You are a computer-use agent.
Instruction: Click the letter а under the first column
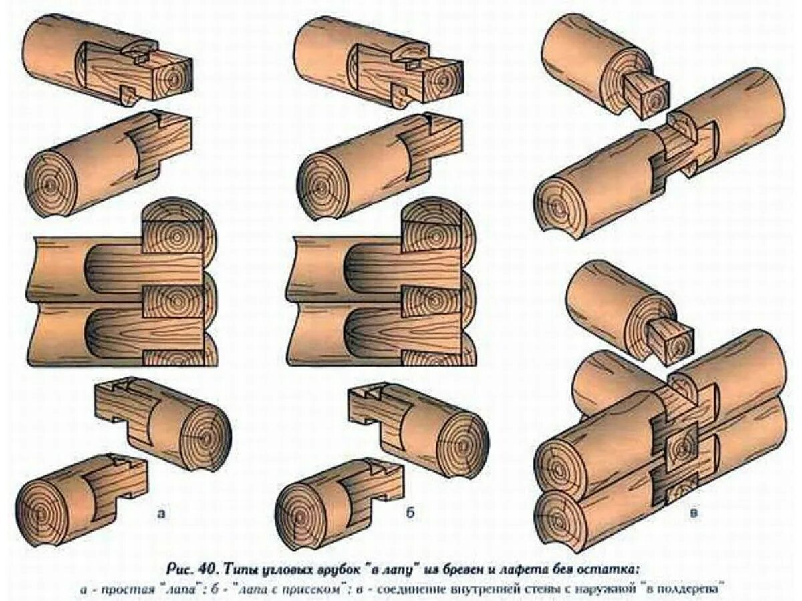[160, 513]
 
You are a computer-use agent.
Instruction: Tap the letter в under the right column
[694, 513]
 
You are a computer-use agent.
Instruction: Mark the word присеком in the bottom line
[342, 589]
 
